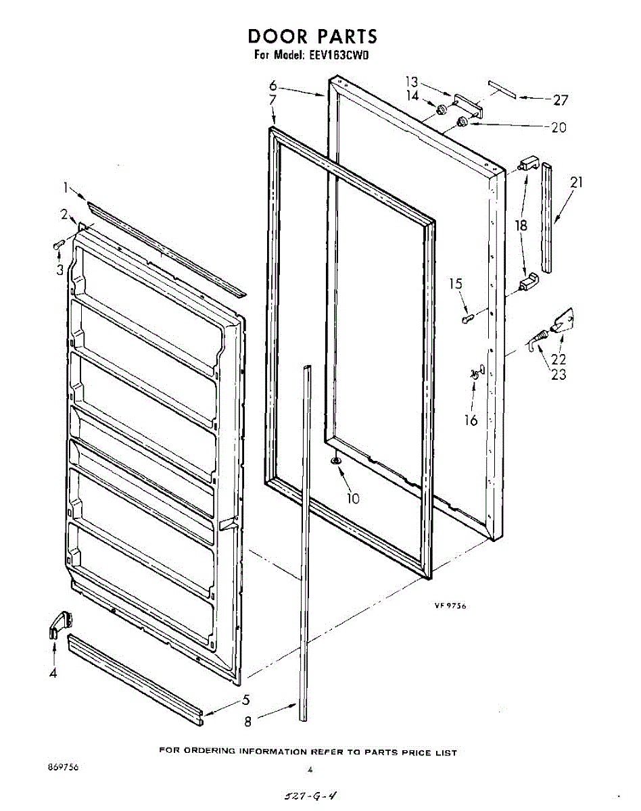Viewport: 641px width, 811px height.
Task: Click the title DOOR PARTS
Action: [x=312, y=36]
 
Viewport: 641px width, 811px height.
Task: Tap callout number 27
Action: [x=561, y=101]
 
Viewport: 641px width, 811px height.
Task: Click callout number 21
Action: [x=576, y=182]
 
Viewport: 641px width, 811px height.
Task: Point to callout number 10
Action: [x=352, y=499]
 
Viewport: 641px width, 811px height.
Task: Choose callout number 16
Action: [x=471, y=420]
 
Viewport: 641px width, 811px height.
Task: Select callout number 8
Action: [x=247, y=722]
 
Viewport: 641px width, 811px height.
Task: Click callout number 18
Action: [x=521, y=226]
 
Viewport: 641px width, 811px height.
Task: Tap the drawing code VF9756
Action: [x=450, y=606]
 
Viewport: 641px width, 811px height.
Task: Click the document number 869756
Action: [x=62, y=768]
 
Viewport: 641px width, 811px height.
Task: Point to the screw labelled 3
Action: [x=58, y=245]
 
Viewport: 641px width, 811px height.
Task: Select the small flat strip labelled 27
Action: [x=502, y=89]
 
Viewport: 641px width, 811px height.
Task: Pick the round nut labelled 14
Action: [x=441, y=109]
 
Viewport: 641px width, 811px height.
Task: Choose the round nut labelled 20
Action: [x=463, y=122]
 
